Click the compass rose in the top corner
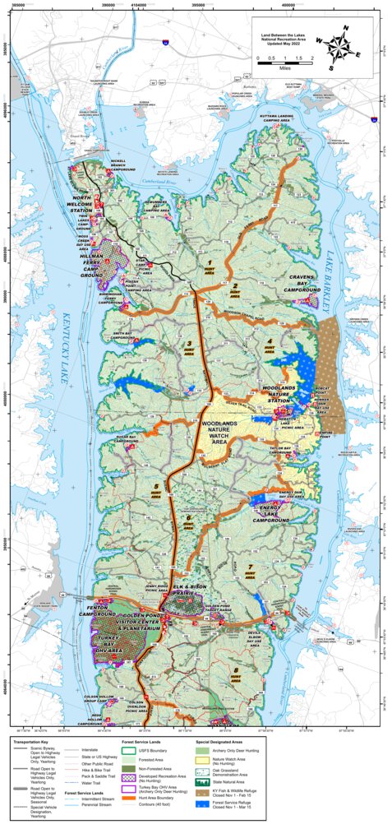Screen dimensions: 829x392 point(339,47)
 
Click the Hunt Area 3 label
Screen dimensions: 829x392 point(190,345)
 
